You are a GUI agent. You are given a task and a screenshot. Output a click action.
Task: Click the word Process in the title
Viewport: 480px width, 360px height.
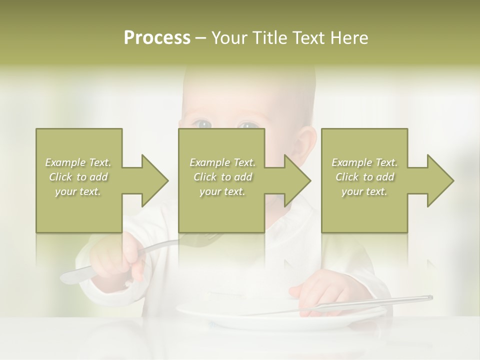[157, 38]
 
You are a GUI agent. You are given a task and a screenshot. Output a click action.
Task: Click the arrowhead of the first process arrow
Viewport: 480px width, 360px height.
[154, 180]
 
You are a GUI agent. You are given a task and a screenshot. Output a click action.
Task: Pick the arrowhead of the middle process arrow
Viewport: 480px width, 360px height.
[297, 180]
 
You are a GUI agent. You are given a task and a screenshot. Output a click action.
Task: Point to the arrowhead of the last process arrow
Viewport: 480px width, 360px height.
[440, 180]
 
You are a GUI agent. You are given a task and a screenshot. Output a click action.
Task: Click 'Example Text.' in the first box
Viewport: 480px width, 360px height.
[78, 162]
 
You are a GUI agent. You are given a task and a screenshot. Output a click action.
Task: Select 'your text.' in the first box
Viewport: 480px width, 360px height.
[78, 191]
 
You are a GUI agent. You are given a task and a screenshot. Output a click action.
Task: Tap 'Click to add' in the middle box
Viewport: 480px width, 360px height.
[222, 177]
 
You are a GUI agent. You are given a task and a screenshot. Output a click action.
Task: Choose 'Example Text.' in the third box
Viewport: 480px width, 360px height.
[364, 162]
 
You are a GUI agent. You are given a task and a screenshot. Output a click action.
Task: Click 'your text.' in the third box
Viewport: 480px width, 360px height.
[364, 191]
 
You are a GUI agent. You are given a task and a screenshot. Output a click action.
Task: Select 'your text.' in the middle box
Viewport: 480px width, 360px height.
[222, 191]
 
